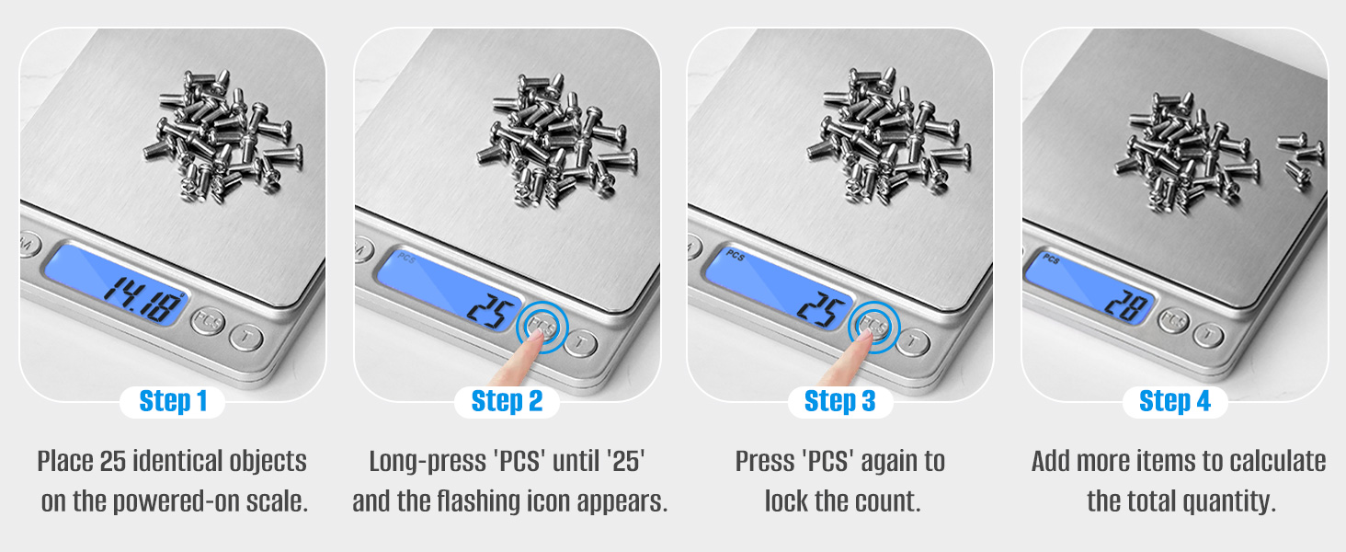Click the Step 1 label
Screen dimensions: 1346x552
click(173, 401)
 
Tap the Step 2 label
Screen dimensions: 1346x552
click(508, 401)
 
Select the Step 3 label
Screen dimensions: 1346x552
click(840, 401)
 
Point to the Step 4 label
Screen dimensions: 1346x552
click(1175, 401)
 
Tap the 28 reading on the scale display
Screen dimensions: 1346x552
click(1128, 305)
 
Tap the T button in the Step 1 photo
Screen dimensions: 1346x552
click(245, 338)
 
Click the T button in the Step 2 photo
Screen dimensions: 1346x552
click(580, 343)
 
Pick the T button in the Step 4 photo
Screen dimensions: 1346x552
click(1208, 334)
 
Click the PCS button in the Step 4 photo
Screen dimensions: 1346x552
click(1173, 320)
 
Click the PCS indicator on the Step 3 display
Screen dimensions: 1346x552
click(735, 256)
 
